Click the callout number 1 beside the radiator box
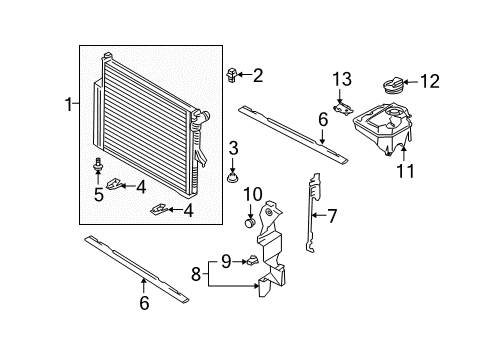tap(69, 104)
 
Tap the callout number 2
tap(258, 75)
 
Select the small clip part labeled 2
tap(232, 75)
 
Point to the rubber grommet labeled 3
tap(233, 178)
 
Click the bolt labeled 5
tap(98, 165)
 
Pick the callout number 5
tap(99, 195)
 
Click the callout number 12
tap(429, 81)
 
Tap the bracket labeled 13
tap(343, 109)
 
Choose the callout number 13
tap(342, 79)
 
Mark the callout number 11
tap(405, 171)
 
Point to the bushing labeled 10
tap(250, 222)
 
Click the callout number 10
tap(253, 194)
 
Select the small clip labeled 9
tap(252, 260)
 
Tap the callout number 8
tap(196, 275)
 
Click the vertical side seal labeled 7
tap(312, 212)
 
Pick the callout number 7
tap(333, 216)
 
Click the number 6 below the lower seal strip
tap(144, 303)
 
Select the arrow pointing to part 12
tap(411, 82)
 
